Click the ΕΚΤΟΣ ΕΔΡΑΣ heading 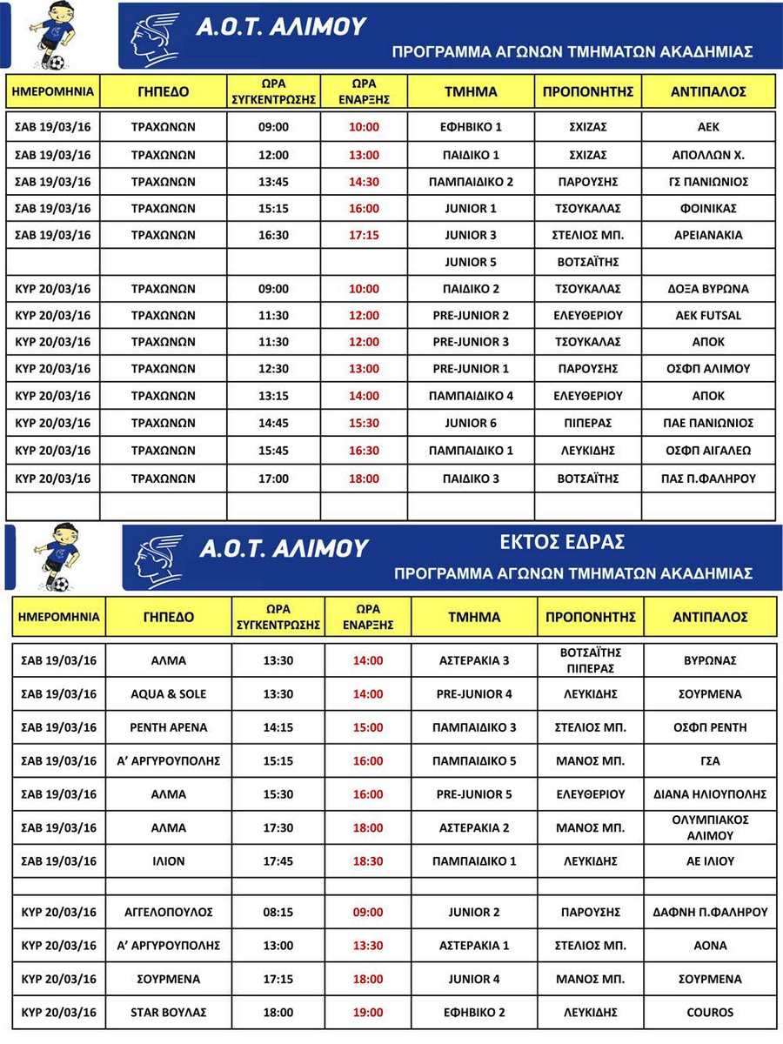tap(573, 542)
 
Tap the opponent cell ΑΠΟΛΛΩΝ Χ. tap(709, 155)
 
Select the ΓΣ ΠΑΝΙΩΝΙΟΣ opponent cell tap(709, 182)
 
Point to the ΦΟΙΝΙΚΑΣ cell tap(709, 209)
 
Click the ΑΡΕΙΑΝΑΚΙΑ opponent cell tap(709, 235)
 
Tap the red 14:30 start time tap(364, 182)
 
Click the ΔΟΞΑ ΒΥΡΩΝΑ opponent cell tap(709, 289)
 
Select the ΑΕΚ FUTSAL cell tap(709, 316)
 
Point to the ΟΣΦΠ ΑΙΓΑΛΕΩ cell tap(709, 451)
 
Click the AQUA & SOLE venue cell tap(169, 694)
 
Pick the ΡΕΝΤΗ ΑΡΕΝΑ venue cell tap(169, 727)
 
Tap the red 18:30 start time tap(367, 861)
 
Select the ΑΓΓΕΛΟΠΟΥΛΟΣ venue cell tap(169, 913)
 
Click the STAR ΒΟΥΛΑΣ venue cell tap(169, 1013)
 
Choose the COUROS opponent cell tap(710, 1013)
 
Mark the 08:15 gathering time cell tap(278, 913)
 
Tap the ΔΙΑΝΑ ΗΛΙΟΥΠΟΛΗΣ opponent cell tap(710, 794)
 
